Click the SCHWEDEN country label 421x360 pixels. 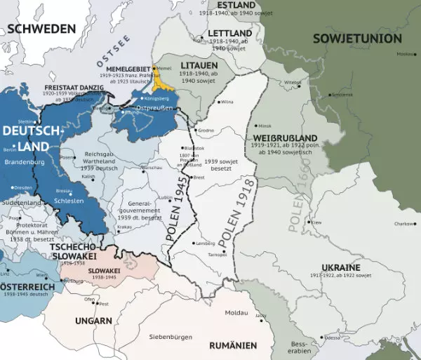[41, 29]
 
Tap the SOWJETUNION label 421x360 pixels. [357, 38]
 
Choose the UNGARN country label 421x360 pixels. [93, 321]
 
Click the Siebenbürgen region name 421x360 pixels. [171, 337]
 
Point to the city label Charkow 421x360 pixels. [404, 224]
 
